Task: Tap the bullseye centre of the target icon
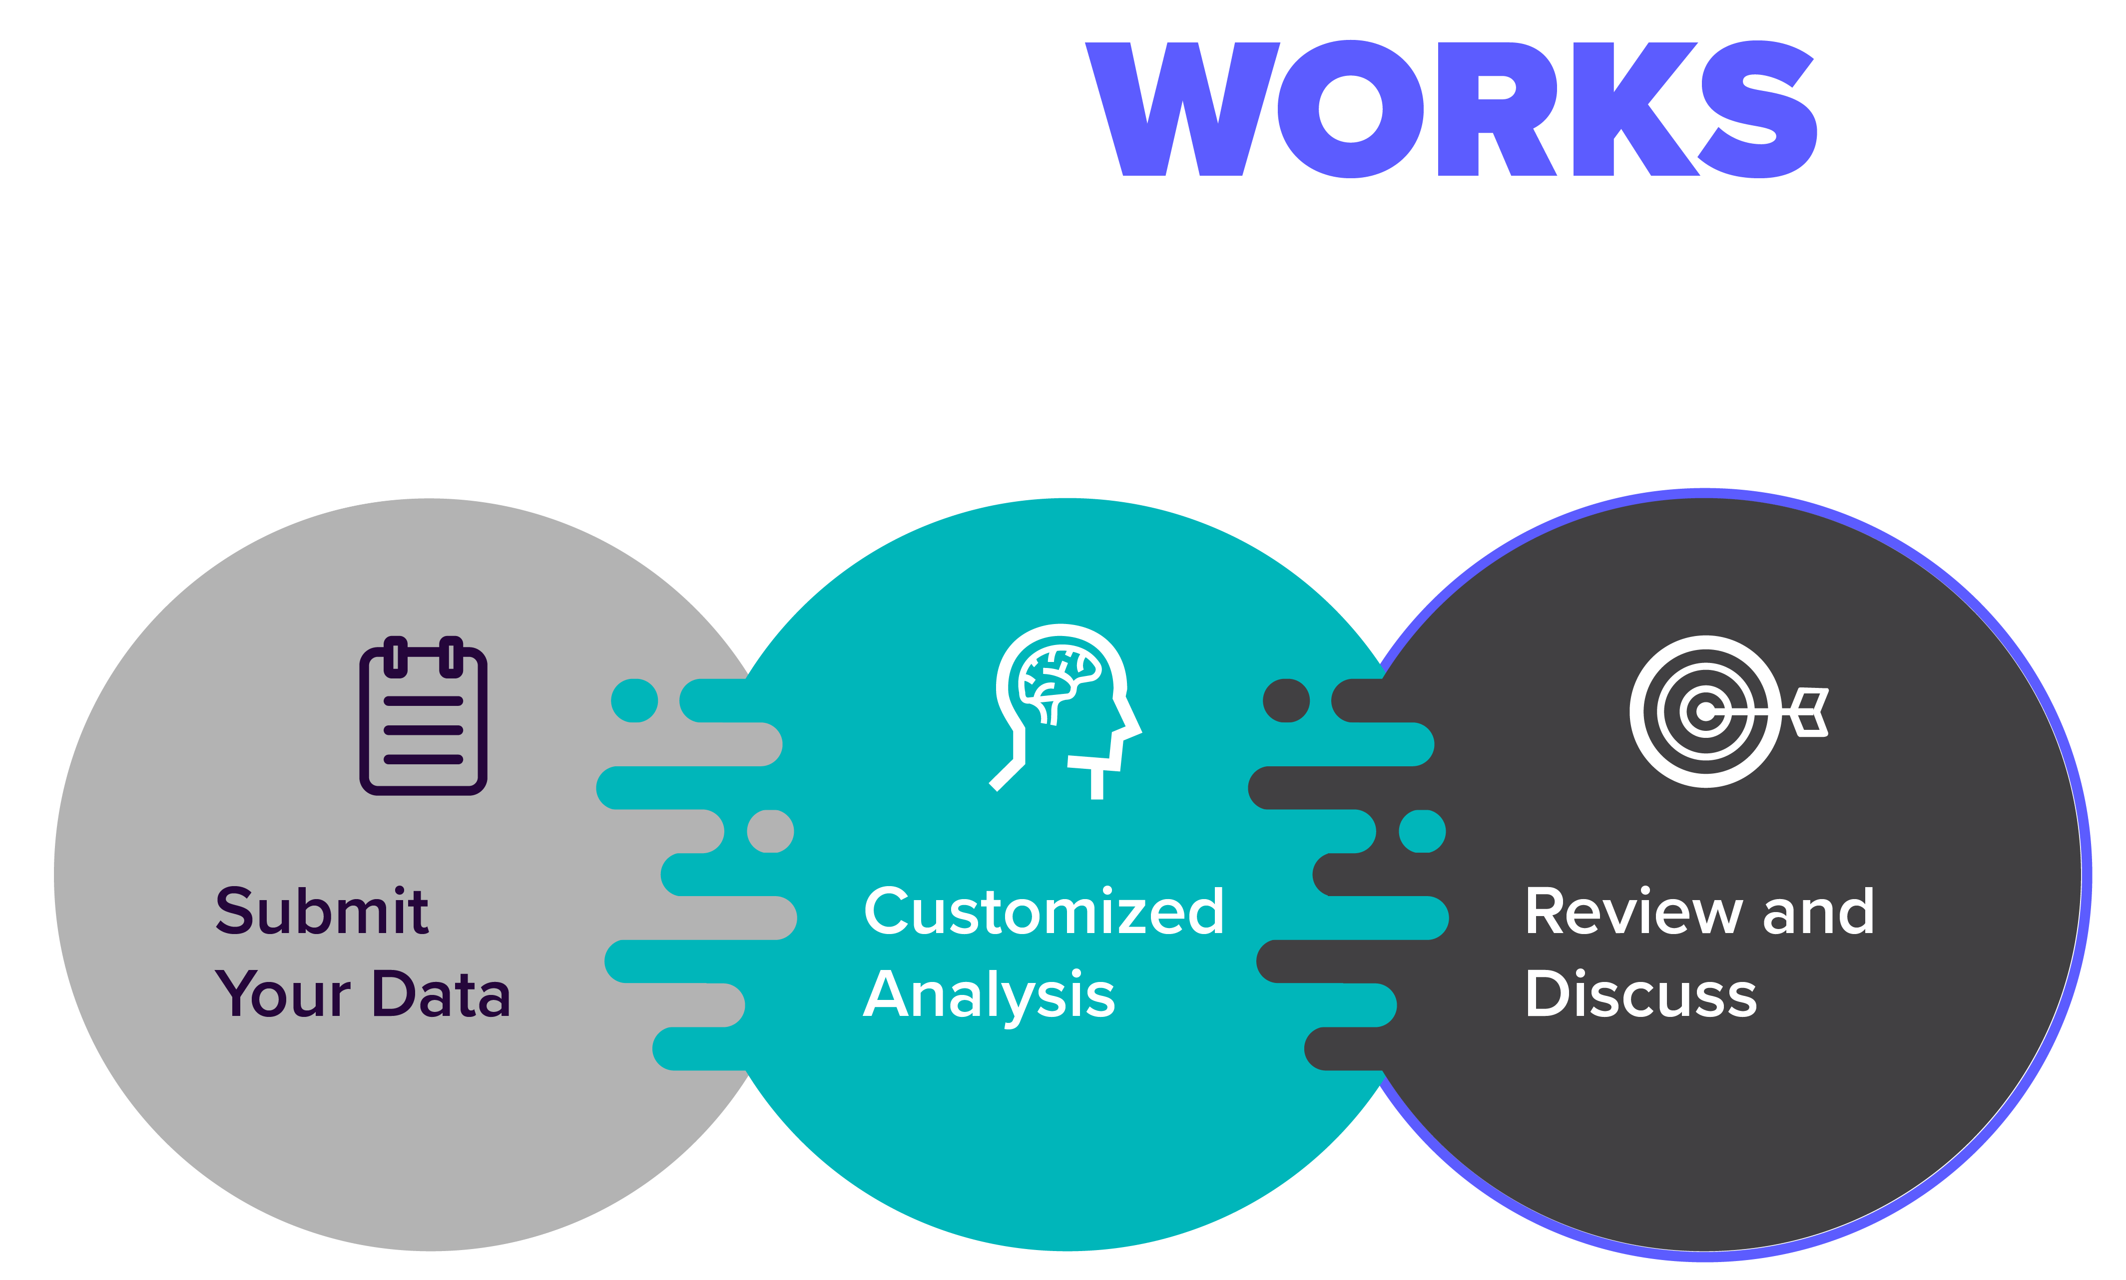coord(1705,711)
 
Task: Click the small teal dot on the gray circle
coord(634,700)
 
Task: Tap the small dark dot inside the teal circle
coord(1286,700)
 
